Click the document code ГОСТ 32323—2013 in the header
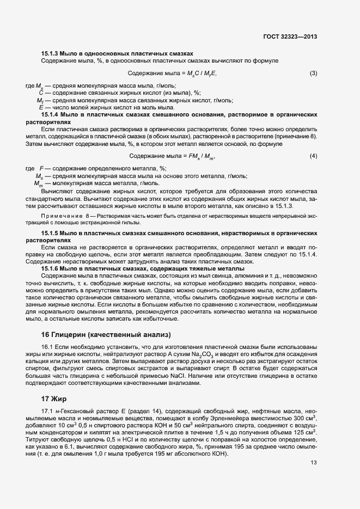289,37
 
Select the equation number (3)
313,73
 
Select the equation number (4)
313,157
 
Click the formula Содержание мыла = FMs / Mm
172,157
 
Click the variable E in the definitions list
41,108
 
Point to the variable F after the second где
41,169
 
